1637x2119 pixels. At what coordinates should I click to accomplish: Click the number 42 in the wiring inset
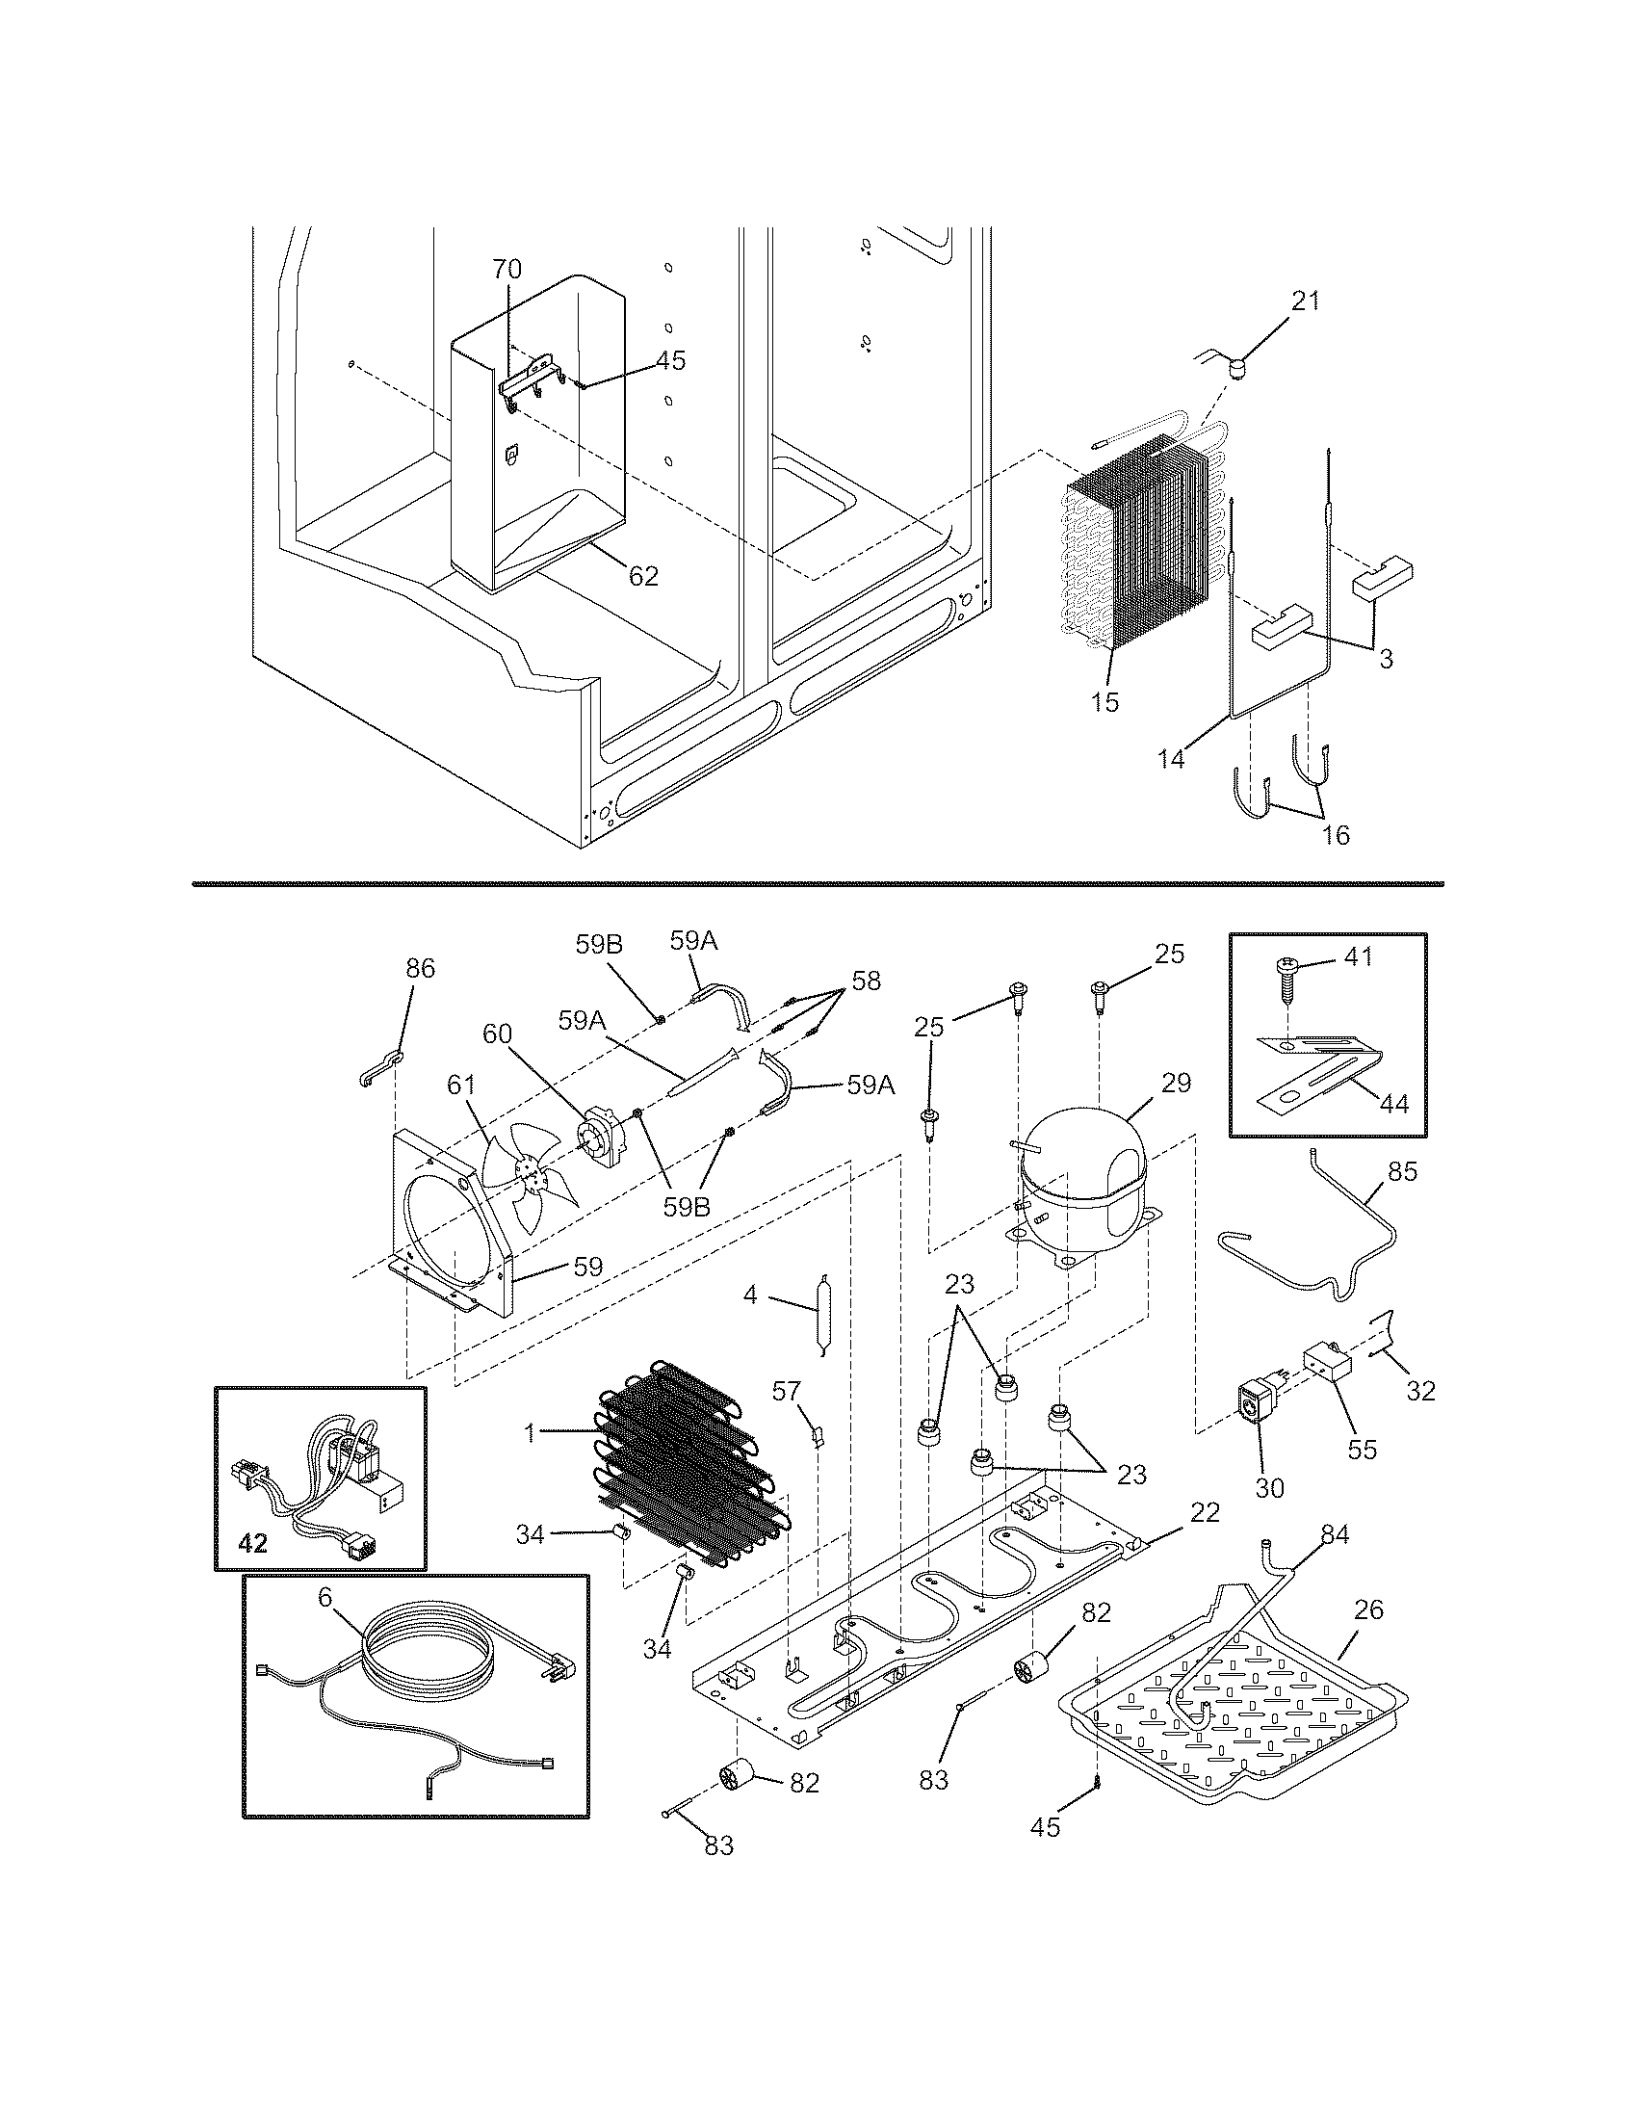[x=252, y=1543]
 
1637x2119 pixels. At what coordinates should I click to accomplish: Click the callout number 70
[x=507, y=269]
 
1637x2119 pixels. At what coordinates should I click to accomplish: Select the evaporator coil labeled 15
[x=1134, y=553]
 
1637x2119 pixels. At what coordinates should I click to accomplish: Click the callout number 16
[x=1336, y=833]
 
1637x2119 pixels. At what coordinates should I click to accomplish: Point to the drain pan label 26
[x=1368, y=1609]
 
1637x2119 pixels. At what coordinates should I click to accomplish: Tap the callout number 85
[x=1402, y=1171]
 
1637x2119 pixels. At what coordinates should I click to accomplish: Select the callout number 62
[x=643, y=575]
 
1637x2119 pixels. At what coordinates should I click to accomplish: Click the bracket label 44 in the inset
[x=1393, y=1103]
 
